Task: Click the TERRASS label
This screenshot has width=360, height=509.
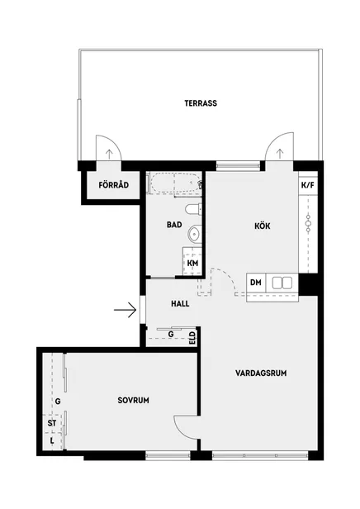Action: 201,103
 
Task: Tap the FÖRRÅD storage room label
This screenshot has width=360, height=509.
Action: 113,185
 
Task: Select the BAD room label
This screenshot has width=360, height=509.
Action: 174,225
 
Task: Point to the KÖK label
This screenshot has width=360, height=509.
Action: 262,226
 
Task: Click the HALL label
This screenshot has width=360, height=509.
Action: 180,304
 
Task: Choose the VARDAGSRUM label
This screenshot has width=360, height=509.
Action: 261,373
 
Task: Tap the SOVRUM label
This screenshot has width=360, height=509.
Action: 133,400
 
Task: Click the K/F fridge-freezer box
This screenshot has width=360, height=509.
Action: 308,185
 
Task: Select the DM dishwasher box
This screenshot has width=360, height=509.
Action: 256,283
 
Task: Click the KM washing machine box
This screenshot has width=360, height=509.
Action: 192,263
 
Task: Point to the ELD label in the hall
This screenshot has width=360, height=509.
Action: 192,338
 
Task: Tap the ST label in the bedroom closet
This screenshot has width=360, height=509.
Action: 52,423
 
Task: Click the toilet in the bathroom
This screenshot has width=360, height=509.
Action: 193,209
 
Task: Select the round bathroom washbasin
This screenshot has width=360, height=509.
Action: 194,233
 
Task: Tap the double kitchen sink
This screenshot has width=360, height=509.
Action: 282,283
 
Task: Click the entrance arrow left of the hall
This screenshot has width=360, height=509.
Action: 125,310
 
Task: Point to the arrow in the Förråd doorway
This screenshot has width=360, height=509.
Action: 109,154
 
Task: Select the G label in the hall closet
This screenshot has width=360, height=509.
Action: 171,334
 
